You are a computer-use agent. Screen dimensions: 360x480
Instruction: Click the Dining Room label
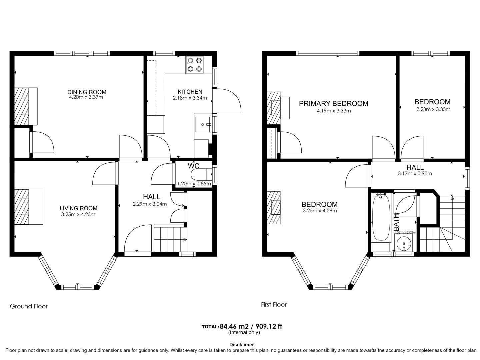tap(87, 92)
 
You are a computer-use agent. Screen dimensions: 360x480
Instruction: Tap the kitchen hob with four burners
tap(195, 65)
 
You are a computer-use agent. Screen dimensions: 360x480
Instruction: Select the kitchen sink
tap(203, 124)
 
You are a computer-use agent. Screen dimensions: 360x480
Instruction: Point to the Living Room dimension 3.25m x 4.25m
tap(78, 214)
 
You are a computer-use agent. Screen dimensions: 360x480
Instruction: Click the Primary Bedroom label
tap(333, 103)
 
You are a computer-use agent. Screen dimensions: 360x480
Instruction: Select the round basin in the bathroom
tap(404, 242)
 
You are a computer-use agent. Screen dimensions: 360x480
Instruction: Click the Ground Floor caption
tap(29, 306)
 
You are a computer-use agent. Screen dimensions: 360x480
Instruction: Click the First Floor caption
tap(274, 304)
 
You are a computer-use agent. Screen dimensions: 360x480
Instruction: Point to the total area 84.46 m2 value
tap(235, 326)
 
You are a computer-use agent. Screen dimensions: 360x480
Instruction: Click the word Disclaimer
tap(242, 345)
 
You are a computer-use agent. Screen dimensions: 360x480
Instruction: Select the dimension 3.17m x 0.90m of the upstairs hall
tap(415, 173)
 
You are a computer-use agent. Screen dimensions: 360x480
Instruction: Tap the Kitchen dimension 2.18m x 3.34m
tap(190, 98)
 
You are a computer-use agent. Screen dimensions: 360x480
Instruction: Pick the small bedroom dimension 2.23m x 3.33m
tap(433, 109)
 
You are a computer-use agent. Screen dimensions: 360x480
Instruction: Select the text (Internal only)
tap(244, 332)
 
